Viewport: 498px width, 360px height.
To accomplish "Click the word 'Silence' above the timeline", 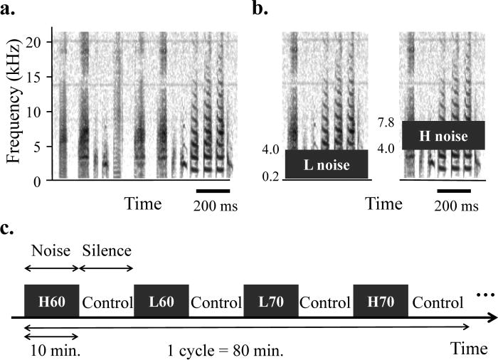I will click(x=107, y=250).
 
